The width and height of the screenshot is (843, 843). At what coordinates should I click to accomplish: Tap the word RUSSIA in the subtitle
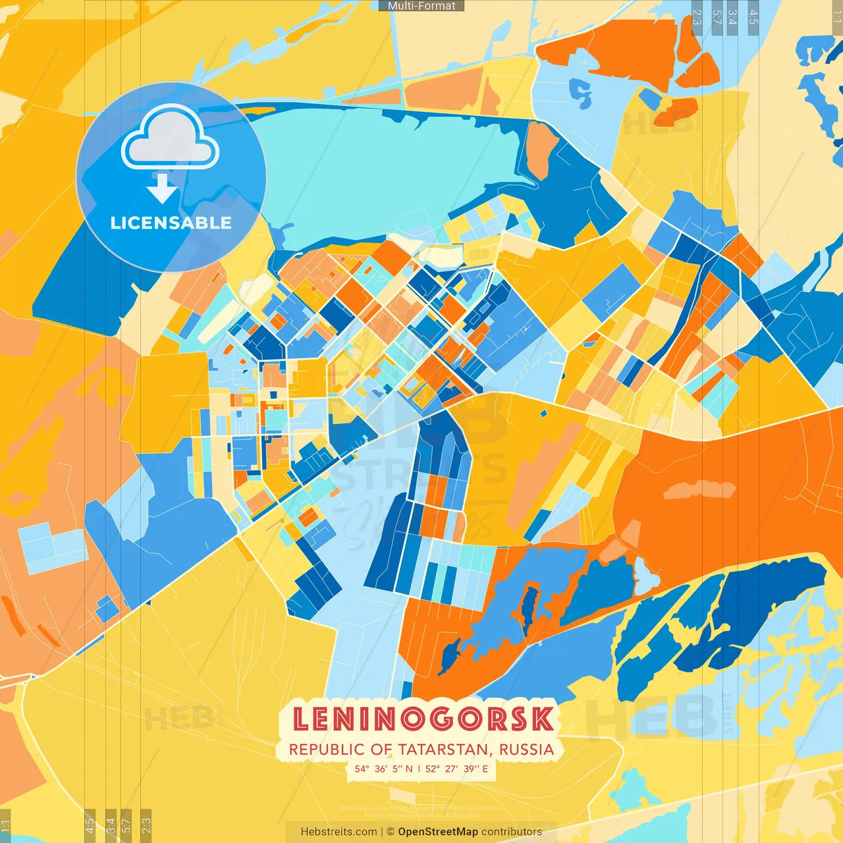point(526,749)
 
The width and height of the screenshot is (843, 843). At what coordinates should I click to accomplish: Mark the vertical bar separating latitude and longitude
point(419,769)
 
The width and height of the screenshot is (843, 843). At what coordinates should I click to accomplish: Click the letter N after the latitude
point(409,769)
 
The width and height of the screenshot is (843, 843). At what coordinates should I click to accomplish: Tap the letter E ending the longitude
point(485,769)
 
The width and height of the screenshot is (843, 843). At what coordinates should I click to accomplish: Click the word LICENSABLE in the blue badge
point(171,223)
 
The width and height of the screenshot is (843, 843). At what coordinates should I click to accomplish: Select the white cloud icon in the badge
point(170,138)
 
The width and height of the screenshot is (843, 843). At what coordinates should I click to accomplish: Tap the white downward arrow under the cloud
point(162,190)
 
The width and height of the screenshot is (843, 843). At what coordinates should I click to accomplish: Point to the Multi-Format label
point(421,5)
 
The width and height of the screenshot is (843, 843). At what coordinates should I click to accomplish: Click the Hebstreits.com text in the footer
point(339,832)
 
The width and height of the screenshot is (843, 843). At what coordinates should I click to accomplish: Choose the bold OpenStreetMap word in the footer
point(438,832)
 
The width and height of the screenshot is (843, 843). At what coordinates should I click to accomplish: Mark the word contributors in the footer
point(512,832)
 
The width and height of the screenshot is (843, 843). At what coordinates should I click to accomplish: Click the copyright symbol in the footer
point(390,832)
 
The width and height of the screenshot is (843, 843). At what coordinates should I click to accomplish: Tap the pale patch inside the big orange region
point(699,489)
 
